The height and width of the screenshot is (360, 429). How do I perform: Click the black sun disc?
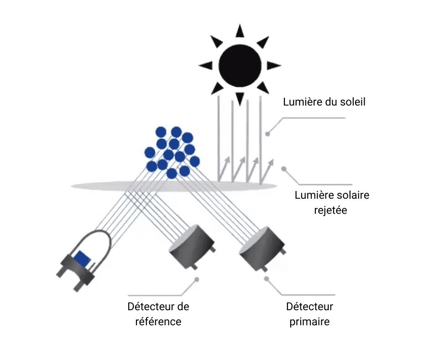click(x=240, y=64)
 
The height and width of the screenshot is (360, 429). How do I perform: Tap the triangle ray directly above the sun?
click(x=240, y=31)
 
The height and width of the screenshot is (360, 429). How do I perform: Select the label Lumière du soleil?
click(x=324, y=101)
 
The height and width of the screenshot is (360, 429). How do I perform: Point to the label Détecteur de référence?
click(x=158, y=314)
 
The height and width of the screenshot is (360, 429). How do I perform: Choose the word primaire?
click(x=309, y=322)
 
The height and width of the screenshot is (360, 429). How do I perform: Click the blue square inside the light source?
click(x=83, y=259)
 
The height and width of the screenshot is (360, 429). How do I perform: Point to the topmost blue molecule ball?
click(x=176, y=132)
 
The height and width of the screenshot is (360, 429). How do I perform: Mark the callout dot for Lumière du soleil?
click(x=268, y=134)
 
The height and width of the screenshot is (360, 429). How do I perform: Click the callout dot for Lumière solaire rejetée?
click(x=283, y=169)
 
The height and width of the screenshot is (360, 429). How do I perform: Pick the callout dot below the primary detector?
click(x=266, y=278)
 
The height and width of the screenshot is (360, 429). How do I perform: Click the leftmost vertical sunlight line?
click(x=219, y=137)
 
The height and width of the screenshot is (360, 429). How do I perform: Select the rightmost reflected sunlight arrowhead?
click(x=272, y=161)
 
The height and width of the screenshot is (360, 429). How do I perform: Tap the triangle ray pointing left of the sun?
click(x=205, y=65)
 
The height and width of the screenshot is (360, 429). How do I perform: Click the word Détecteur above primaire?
click(x=309, y=306)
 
